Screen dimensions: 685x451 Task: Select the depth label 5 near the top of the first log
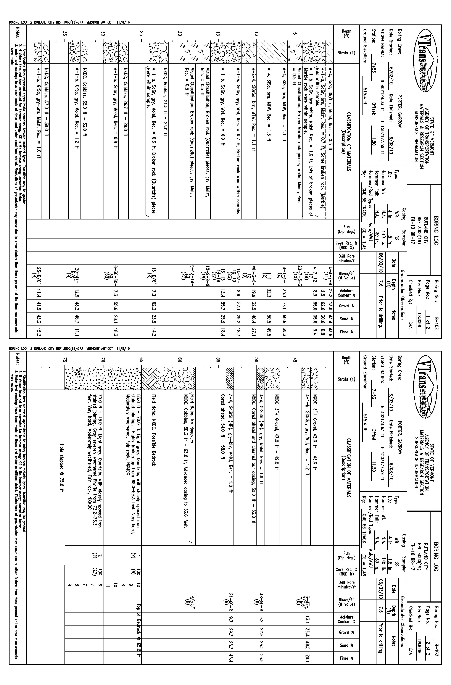(x=295, y=33)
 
